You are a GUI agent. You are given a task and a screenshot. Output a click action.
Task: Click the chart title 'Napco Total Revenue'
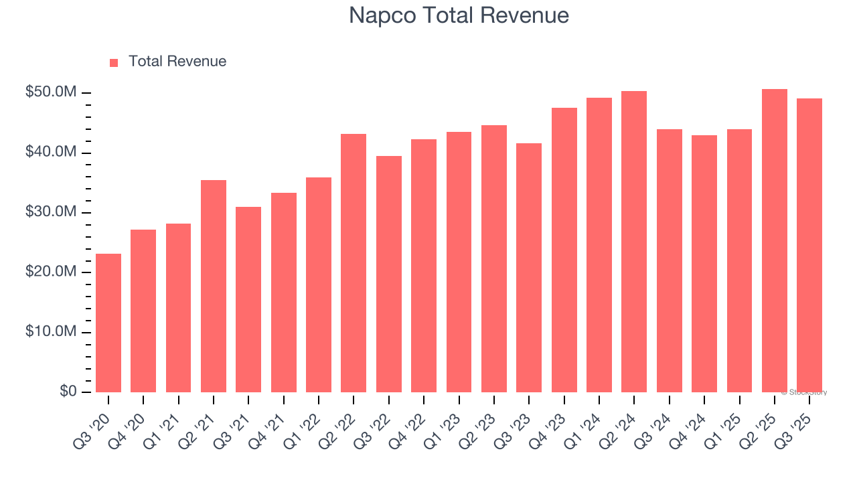[x=459, y=15]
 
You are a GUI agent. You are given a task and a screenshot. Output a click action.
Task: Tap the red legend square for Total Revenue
[x=114, y=62]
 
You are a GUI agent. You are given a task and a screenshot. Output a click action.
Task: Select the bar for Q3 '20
[x=108, y=323]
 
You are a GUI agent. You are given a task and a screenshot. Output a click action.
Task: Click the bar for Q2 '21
[x=214, y=286]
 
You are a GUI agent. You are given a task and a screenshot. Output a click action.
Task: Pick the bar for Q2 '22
[x=354, y=263]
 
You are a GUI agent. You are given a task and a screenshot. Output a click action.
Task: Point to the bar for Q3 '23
[x=529, y=268]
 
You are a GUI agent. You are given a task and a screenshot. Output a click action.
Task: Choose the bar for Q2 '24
[x=634, y=242]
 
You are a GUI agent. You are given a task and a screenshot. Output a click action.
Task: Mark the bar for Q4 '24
[x=704, y=264]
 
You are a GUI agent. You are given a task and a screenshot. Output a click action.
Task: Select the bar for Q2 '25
[x=774, y=240]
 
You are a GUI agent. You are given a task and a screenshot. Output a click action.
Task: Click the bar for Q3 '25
[x=809, y=245]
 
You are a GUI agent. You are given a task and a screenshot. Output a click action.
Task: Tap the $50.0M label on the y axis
[x=50, y=92]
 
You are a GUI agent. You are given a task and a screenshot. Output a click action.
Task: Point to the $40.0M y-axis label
[x=50, y=153]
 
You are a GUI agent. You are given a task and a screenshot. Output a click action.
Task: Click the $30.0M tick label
[x=50, y=212]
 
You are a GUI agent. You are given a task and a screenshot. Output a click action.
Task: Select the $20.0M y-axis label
[x=50, y=272]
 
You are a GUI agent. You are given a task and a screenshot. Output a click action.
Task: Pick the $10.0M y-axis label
[x=50, y=332]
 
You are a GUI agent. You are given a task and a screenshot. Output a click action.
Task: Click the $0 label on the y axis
[x=68, y=392]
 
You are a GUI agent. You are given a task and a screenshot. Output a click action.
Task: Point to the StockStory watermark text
[x=803, y=392]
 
